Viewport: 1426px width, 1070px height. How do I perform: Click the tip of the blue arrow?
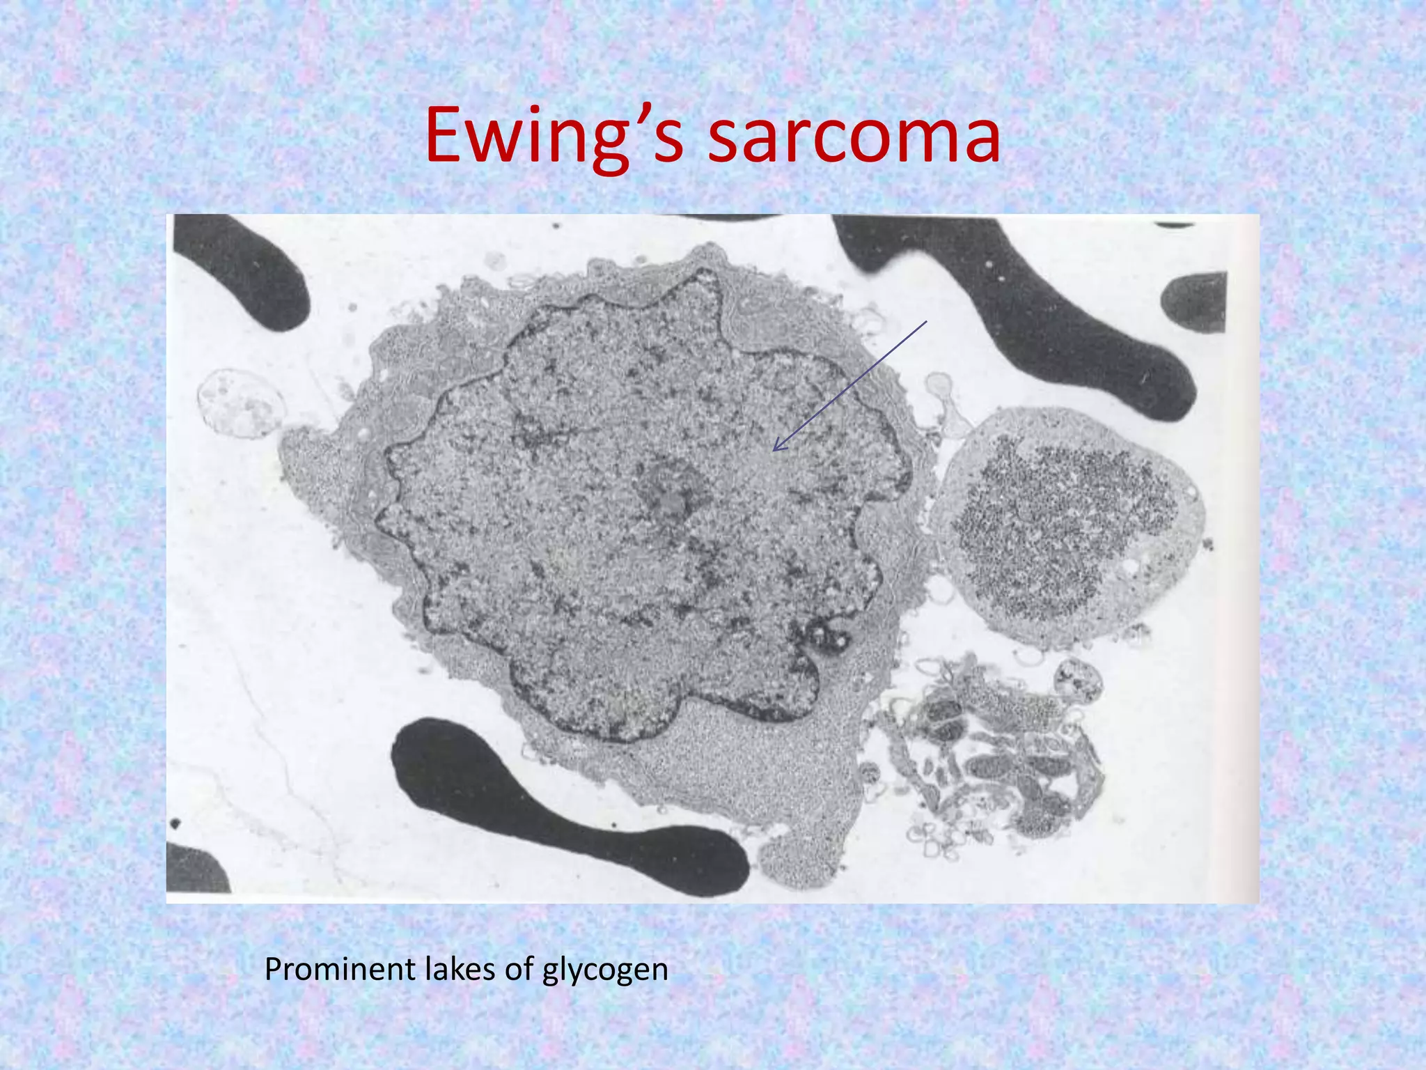(x=774, y=450)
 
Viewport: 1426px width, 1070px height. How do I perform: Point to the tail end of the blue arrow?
(x=927, y=321)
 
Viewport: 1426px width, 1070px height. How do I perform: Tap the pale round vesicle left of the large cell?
(x=240, y=404)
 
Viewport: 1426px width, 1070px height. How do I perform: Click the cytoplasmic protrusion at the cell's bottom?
(x=801, y=857)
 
